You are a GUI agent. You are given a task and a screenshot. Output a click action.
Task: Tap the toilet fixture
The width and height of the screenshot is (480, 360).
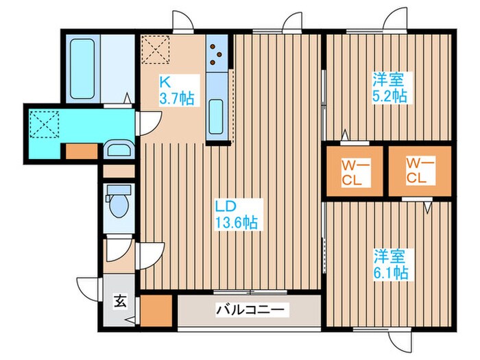point(121,204)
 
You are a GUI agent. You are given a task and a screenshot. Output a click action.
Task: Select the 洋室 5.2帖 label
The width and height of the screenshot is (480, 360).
point(389,87)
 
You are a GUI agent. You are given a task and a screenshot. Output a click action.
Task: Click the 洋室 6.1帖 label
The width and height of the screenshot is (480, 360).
point(391,265)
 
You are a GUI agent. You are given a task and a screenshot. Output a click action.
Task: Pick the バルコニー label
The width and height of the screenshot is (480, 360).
point(250,310)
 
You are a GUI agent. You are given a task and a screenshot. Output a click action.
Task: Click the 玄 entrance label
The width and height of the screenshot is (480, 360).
point(119,300)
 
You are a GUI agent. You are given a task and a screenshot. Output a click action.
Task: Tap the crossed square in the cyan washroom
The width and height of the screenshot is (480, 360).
point(46,125)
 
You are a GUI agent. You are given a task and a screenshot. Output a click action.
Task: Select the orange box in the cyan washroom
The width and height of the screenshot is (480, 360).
point(81,152)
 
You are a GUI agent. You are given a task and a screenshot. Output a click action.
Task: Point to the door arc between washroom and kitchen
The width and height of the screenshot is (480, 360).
point(149,123)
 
